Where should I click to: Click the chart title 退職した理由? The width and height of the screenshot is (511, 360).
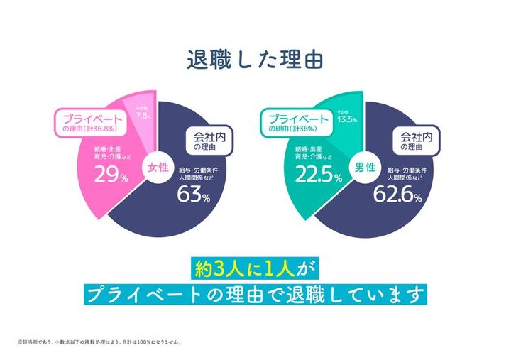[x=255, y=59]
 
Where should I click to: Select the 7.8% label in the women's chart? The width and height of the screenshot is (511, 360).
[x=141, y=115]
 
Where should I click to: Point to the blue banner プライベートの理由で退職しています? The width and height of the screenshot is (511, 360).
[x=255, y=293]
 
